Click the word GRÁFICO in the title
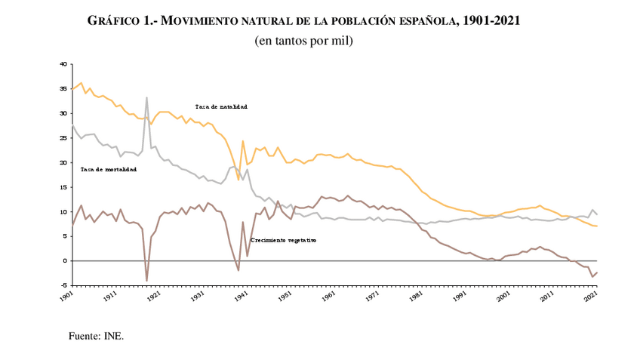tap(113, 21)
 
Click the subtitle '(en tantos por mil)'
tap(304, 40)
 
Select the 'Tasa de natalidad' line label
tap(220, 107)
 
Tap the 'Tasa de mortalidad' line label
tap(108, 169)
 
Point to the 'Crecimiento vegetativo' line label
tap(283, 239)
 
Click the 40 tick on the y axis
tap(63, 64)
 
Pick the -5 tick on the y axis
tap(63, 285)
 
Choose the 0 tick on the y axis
tap(65, 260)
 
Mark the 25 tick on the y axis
tap(63, 138)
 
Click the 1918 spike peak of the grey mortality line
tap(146, 97)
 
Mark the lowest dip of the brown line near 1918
tap(146, 281)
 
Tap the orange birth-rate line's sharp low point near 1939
tap(238, 180)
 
